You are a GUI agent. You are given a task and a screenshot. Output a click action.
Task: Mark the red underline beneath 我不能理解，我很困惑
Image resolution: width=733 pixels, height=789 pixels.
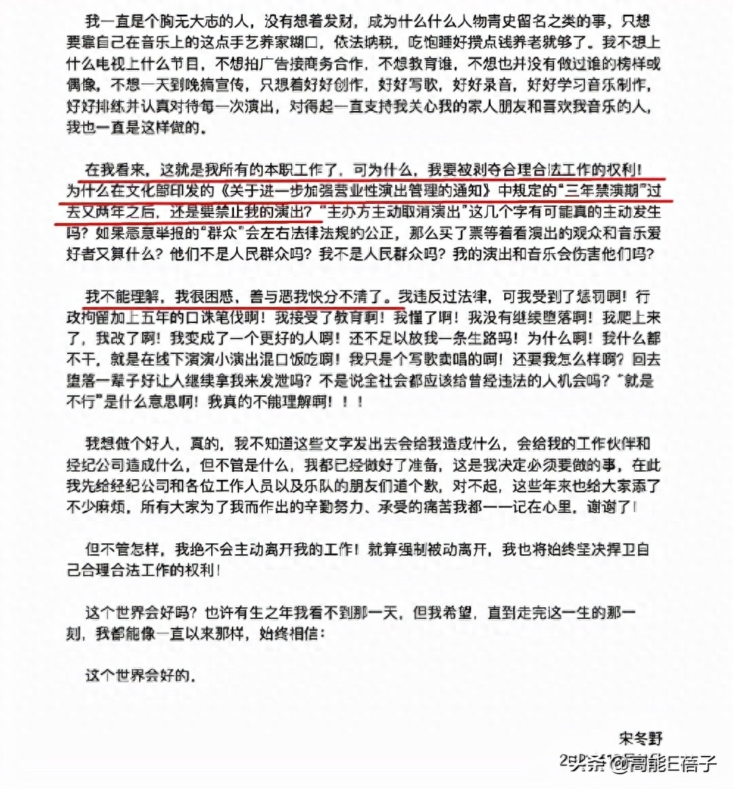[x=239, y=306]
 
